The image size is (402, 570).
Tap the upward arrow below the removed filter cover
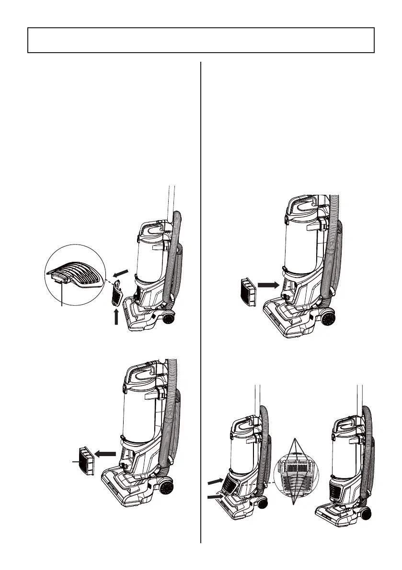tap(116, 316)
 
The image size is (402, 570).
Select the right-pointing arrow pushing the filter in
tap(267, 285)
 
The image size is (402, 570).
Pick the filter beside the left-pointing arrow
tap(85, 461)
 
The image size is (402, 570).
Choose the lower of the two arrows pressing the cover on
tap(215, 498)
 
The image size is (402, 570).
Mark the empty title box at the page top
tap(201, 40)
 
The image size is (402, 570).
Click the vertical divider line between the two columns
tap(200, 302)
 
